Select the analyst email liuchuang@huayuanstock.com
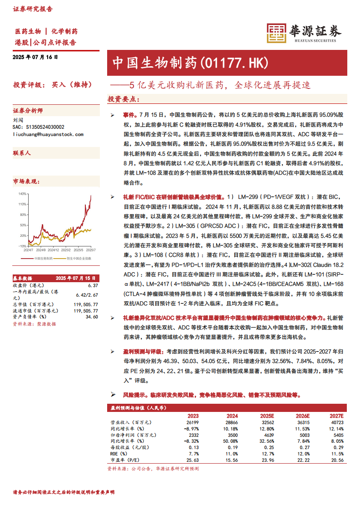click(x=48, y=134)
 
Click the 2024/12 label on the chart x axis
click(x=54, y=250)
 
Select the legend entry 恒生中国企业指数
click(x=79, y=258)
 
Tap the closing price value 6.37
click(x=93, y=285)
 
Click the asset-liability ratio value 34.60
click(x=92, y=317)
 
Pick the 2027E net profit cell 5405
click(x=338, y=435)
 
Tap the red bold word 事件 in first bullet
click(x=129, y=116)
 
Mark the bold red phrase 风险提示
click(x=135, y=395)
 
